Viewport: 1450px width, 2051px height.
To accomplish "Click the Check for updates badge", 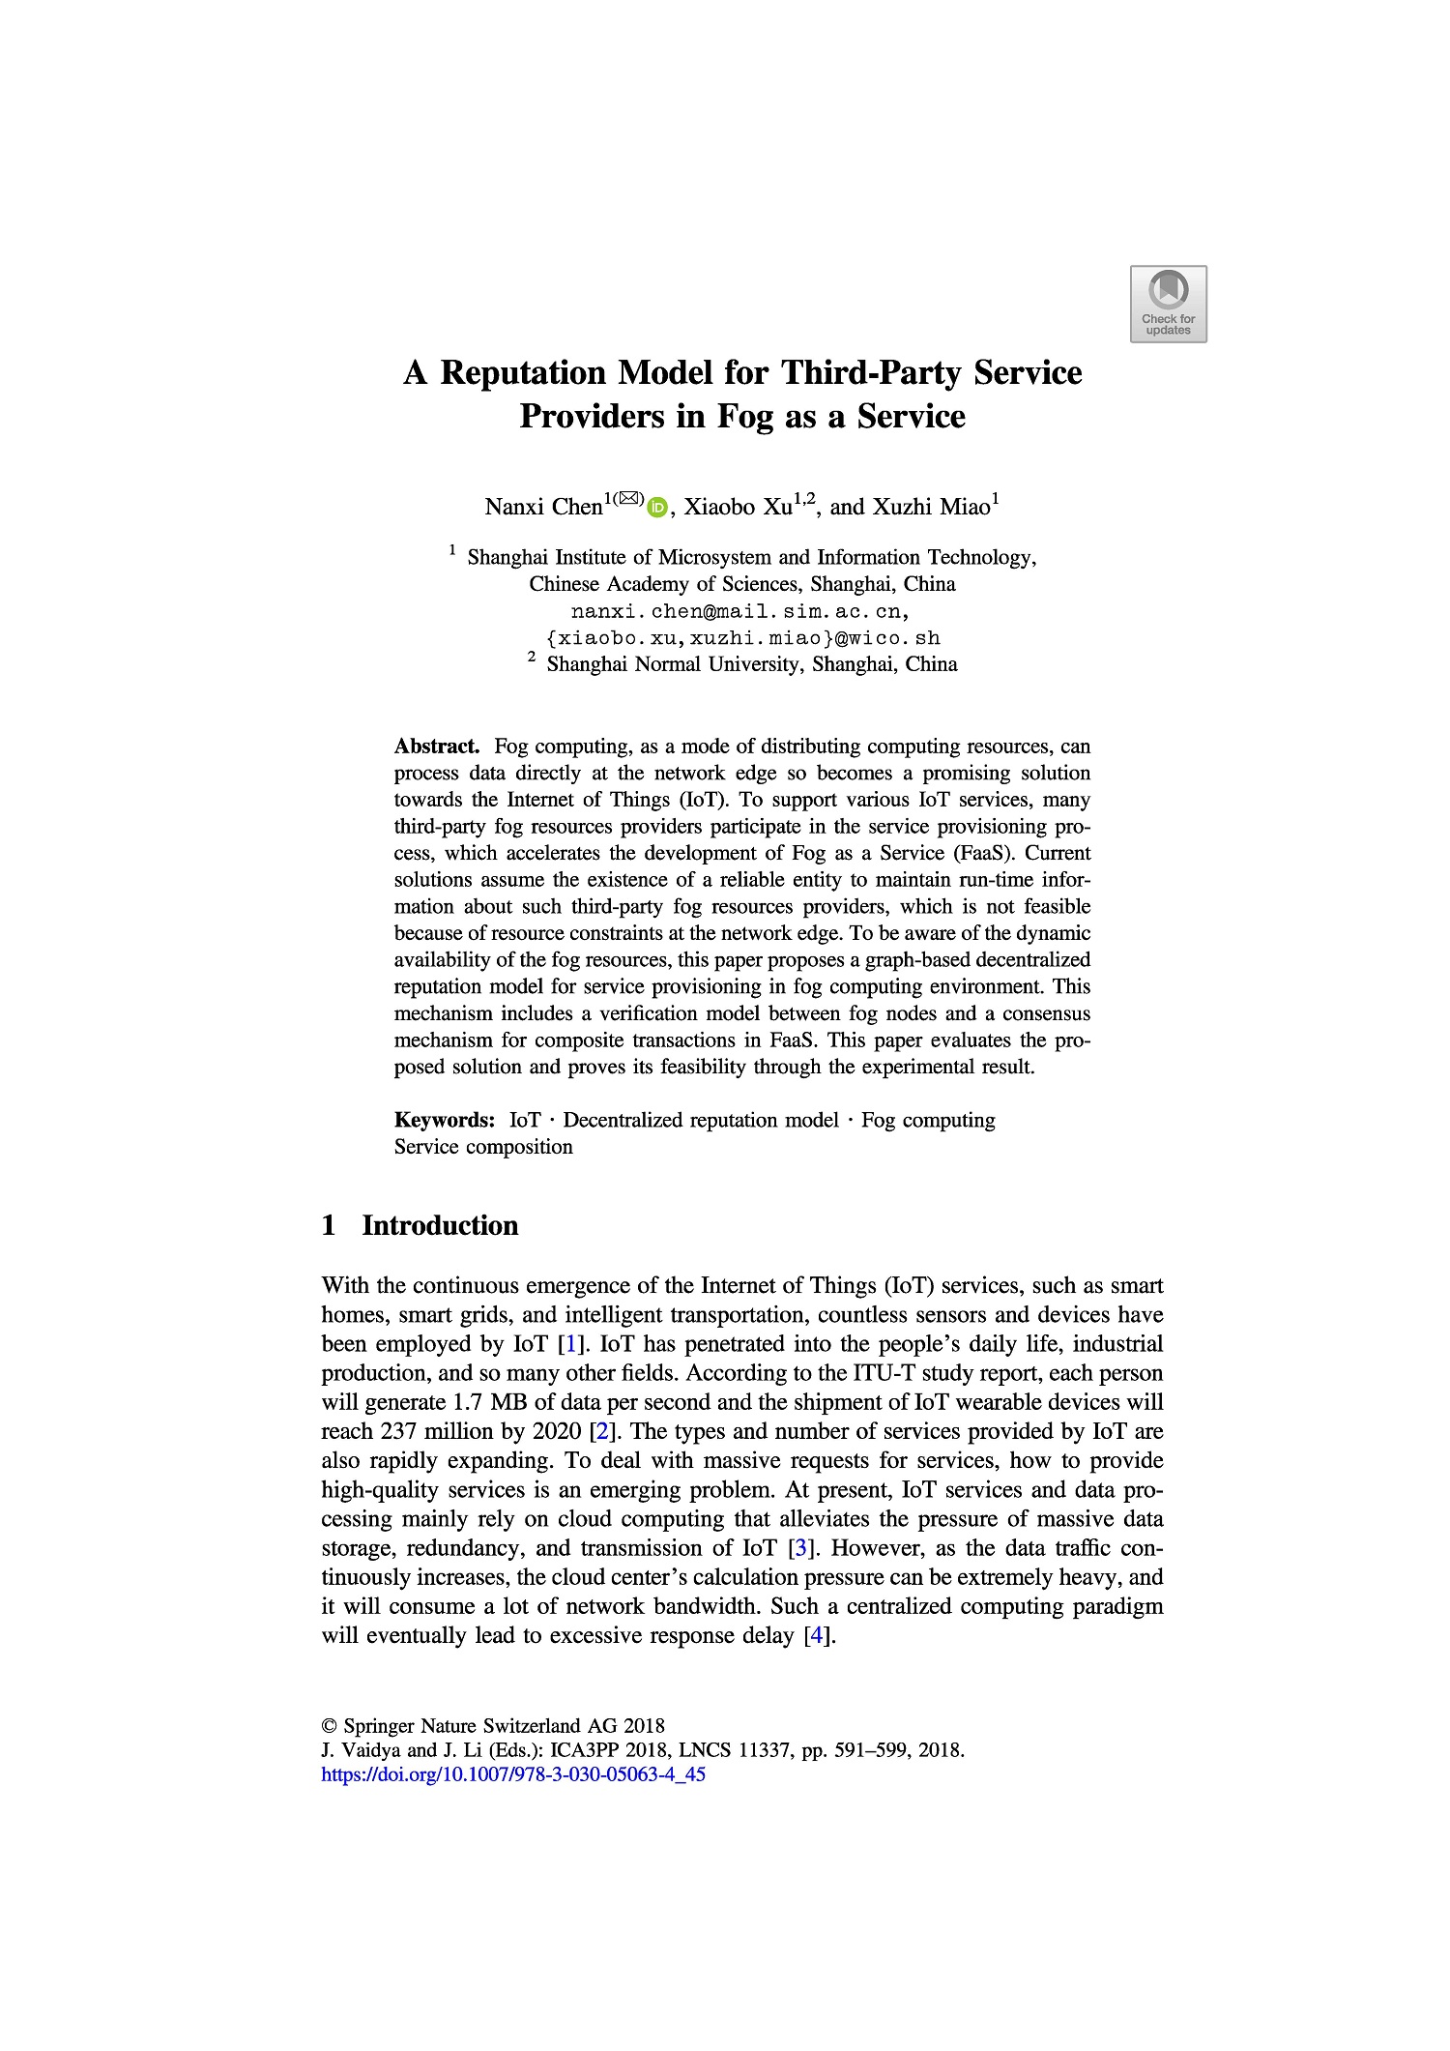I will click(x=1168, y=304).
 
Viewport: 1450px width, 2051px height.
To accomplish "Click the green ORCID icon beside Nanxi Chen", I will click(x=657, y=507).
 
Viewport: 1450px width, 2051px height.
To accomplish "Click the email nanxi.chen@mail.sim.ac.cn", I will click(x=739, y=611).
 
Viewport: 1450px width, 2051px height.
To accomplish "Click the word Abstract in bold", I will click(x=437, y=747).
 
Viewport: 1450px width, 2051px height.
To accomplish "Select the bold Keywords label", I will click(x=445, y=1120).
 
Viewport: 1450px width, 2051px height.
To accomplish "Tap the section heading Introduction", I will click(x=440, y=1225).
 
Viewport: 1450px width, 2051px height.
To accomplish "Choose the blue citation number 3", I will click(x=798, y=1548).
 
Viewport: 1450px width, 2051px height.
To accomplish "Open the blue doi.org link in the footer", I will click(x=512, y=1774).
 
